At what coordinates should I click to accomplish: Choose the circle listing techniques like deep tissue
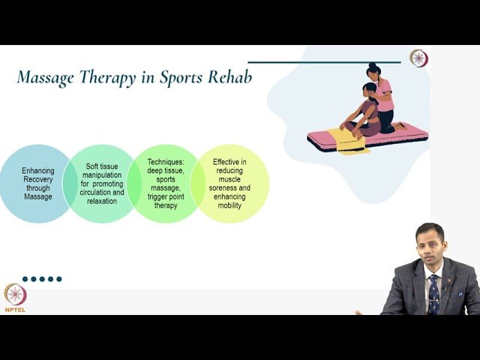coord(164,184)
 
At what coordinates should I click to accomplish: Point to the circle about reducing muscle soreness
coord(229,184)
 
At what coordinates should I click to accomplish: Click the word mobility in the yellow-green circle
coord(229,205)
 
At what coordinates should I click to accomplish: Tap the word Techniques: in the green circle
coord(164,161)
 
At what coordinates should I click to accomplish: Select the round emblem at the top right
coord(418,58)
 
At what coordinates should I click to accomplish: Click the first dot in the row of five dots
coord(25,279)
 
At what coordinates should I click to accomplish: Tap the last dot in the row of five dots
coord(59,279)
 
